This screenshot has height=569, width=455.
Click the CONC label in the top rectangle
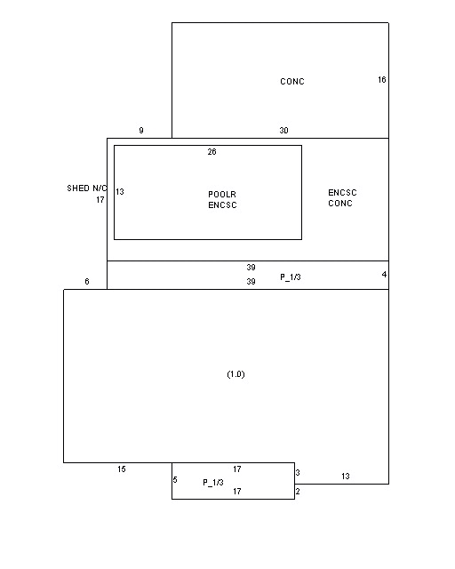point(292,81)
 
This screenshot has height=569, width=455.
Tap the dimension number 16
point(382,79)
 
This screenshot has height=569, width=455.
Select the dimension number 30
point(283,131)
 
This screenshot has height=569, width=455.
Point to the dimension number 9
point(141,131)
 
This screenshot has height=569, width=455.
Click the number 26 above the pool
point(212,152)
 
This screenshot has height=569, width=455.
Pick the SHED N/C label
point(87,188)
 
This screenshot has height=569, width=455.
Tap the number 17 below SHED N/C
point(100,199)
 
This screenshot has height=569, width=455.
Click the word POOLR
point(222,194)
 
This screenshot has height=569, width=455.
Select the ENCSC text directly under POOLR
point(222,205)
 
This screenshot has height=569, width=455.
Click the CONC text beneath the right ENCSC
point(340,204)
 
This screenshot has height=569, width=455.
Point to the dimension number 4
point(384,275)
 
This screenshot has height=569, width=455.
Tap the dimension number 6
point(87,281)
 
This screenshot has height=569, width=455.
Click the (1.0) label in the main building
point(235,374)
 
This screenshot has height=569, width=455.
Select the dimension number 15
point(122,469)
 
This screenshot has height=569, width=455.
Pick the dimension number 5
point(175,480)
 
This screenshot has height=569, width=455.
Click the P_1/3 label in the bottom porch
point(213,482)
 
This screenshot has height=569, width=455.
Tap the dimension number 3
point(298,472)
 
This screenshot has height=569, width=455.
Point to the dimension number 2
point(298,492)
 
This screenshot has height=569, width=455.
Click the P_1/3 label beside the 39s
point(291,276)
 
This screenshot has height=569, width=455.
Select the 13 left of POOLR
point(120,192)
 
